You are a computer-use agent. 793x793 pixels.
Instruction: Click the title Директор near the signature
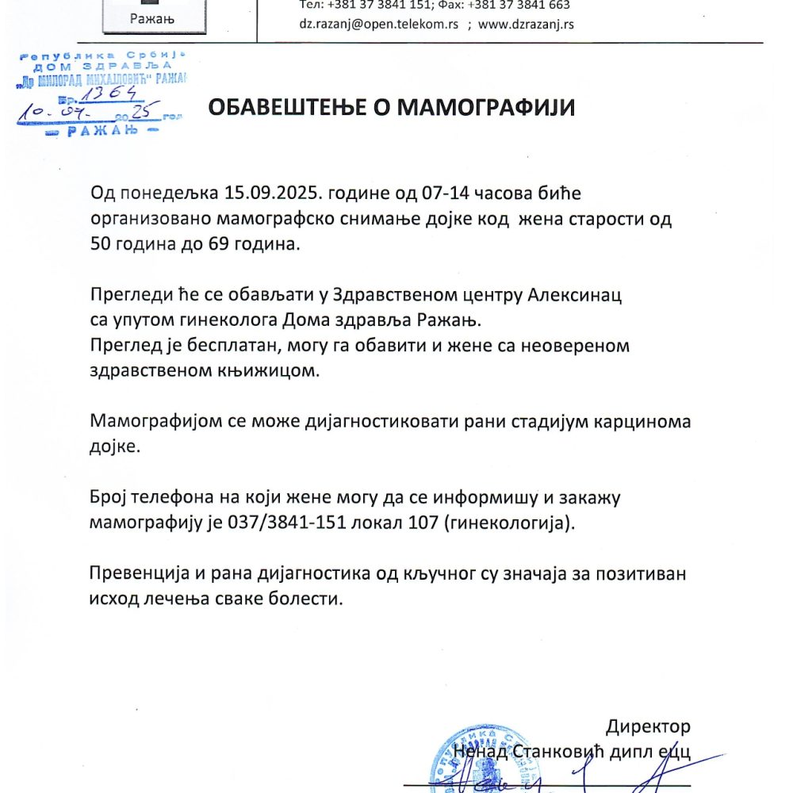(x=648, y=726)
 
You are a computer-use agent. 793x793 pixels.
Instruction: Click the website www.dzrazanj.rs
(x=527, y=24)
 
